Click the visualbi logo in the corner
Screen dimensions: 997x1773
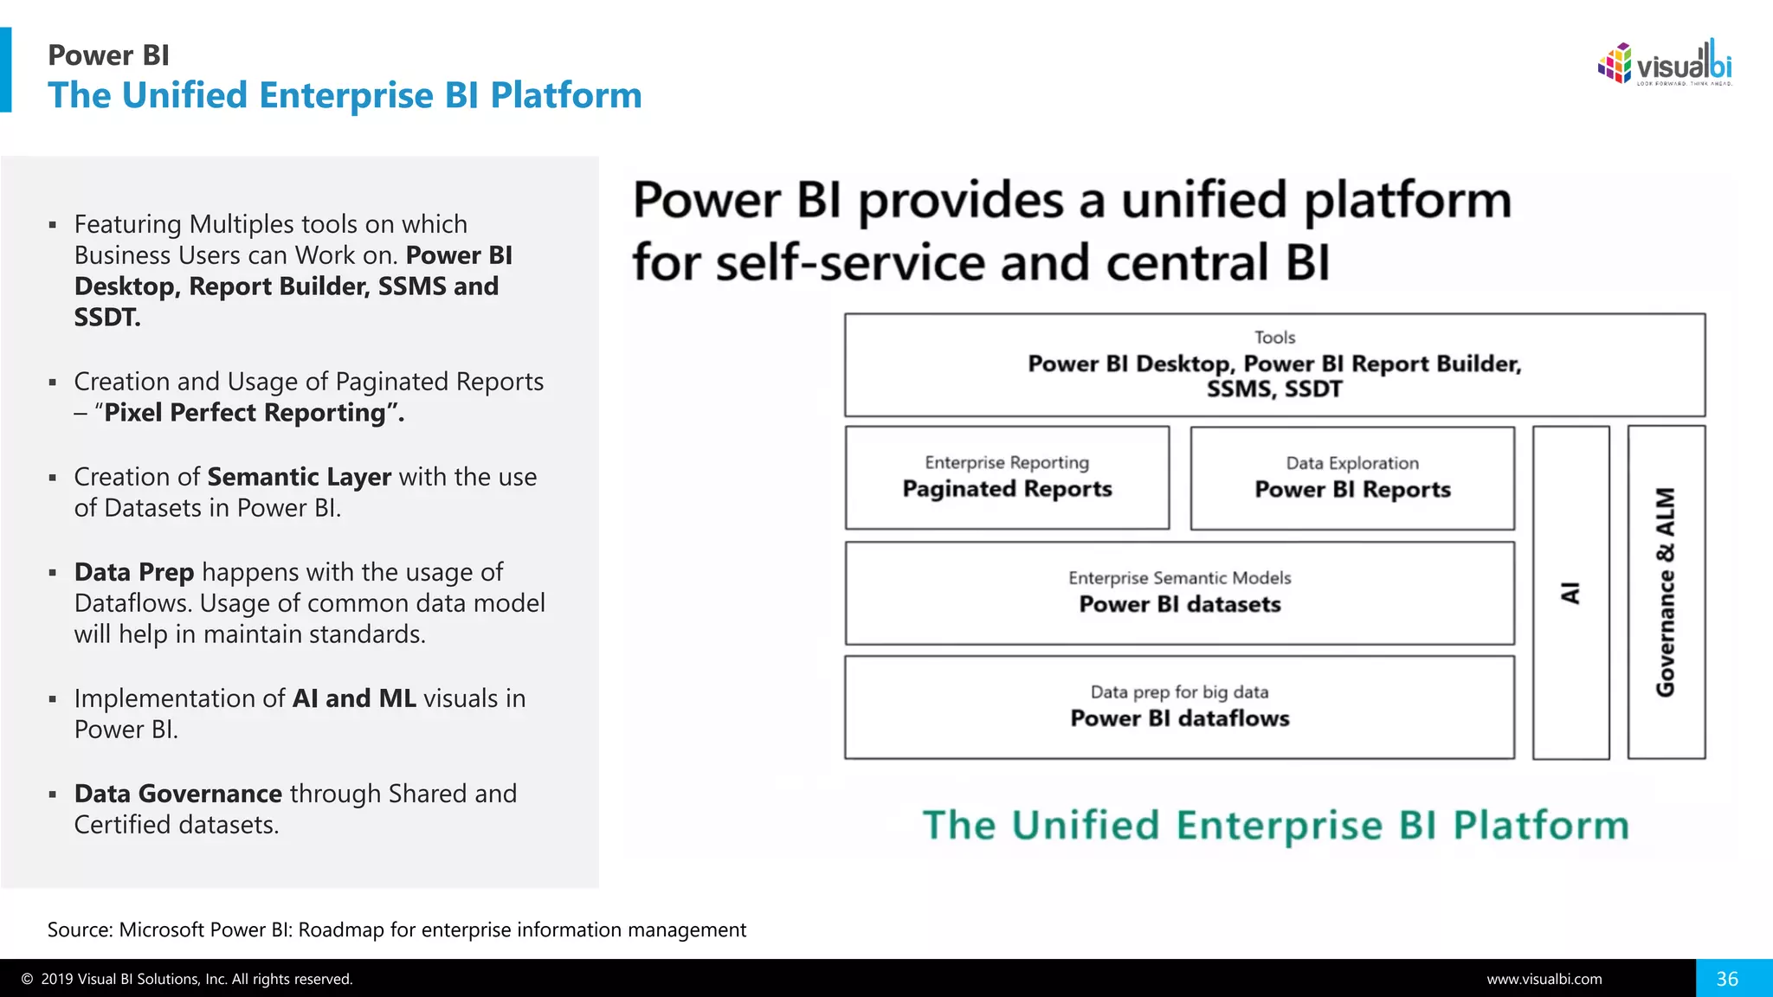pos(1665,64)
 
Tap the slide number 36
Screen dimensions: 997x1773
pos(1727,979)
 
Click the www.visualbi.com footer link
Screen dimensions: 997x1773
pos(1544,979)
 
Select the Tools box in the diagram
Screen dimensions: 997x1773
pos(1274,364)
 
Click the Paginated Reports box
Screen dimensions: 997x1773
pos(1007,478)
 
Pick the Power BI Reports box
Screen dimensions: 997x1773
pos(1352,478)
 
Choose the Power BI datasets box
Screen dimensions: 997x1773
pos(1179,593)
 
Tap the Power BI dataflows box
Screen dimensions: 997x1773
pos(1179,707)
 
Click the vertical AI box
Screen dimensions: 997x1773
pos(1570,593)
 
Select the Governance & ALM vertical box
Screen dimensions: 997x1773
pos(1666,593)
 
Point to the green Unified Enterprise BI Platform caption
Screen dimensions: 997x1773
pos(1275,825)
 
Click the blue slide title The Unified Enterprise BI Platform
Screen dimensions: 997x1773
pos(345,95)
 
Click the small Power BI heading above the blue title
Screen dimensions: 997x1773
pos(108,55)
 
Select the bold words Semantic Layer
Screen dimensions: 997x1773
pos(299,477)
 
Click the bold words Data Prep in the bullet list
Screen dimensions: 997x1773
pos(134,572)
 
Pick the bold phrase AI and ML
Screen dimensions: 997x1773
pos(354,698)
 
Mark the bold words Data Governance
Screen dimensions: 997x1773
pos(177,794)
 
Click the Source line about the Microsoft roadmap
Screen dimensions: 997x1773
pos(397,929)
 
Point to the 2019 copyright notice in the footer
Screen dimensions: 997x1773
pos(187,979)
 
